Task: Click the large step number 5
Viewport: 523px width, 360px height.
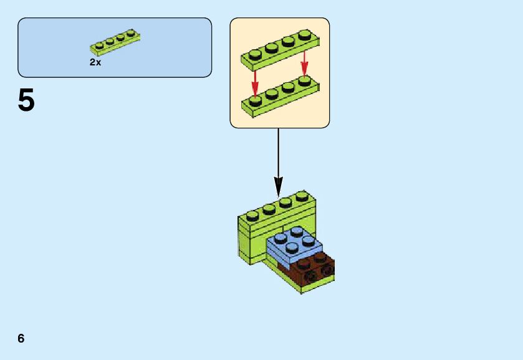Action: click(26, 100)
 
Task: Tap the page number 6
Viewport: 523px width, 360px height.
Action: click(21, 338)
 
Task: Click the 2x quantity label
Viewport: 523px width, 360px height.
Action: click(95, 62)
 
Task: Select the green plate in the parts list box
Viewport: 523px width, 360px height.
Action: click(115, 43)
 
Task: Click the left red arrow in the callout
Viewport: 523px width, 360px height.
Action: click(255, 80)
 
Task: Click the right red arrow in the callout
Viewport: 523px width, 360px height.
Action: click(304, 64)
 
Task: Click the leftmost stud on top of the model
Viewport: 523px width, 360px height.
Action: click(252, 216)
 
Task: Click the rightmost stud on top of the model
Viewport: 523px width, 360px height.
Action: click(302, 196)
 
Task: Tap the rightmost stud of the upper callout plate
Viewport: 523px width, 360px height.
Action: click(304, 34)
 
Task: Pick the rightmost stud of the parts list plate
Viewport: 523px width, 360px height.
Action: click(130, 32)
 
